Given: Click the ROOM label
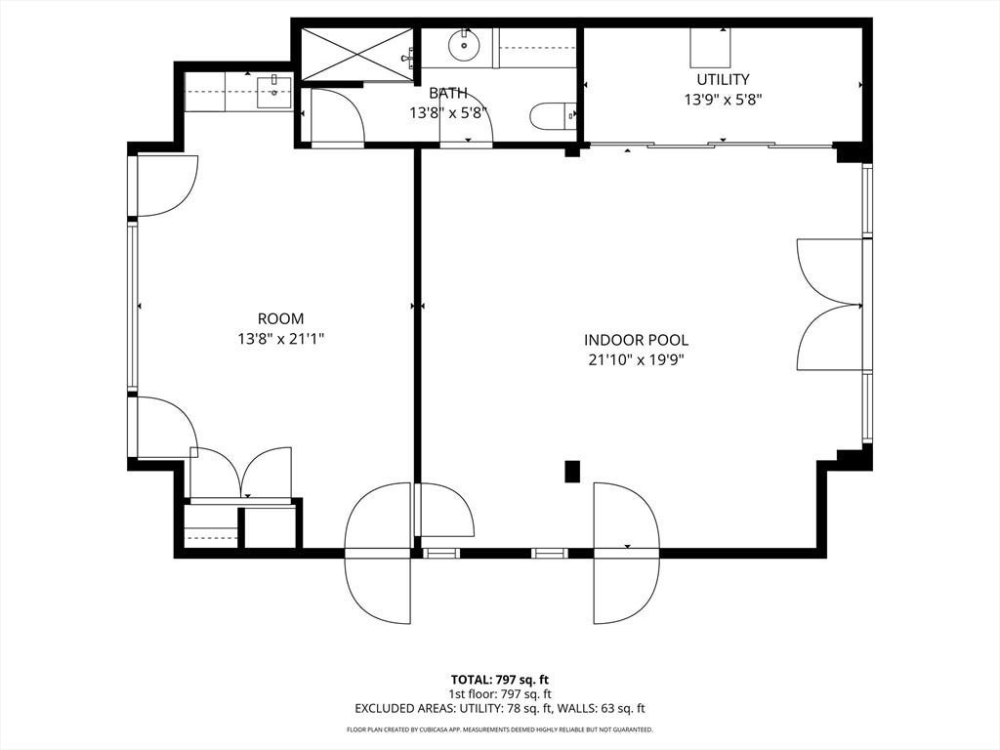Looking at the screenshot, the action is (x=280, y=318).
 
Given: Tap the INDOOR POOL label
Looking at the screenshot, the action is (x=637, y=340).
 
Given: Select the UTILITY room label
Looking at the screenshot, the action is (x=723, y=79).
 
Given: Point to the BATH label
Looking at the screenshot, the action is (x=447, y=93).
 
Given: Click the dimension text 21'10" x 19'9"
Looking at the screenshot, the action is (x=637, y=360).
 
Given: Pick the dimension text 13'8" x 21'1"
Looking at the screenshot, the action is (x=281, y=339).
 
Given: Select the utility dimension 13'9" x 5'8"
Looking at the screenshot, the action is (x=724, y=100).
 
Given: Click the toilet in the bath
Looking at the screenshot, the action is (x=553, y=115).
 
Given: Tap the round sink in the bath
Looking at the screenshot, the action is (x=464, y=45).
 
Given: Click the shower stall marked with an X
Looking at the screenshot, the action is (x=356, y=55).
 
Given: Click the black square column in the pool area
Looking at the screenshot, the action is (x=572, y=472).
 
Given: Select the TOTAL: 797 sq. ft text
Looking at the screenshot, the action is (x=499, y=680).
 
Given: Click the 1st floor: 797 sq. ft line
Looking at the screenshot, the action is (x=499, y=694).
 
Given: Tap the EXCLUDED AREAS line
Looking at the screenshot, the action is (x=499, y=708).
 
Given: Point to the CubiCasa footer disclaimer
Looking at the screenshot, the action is (x=499, y=729).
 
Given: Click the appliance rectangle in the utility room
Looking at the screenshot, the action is (x=710, y=48).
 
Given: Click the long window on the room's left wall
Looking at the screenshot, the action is (x=132, y=307).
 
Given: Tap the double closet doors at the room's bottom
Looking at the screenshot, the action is (x=242, y=472).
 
